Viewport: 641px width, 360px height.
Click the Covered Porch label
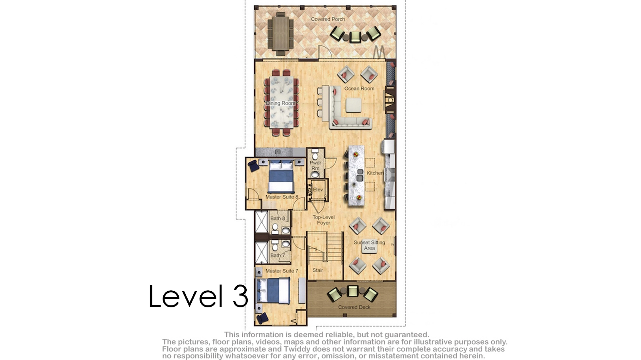point(328,19)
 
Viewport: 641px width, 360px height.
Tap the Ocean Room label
point(359,88)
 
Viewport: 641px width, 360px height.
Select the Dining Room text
point(280,103)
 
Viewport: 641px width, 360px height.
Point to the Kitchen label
point(375,173)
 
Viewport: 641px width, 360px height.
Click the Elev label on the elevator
point(318,189)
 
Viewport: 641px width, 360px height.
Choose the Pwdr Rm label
point(315,165)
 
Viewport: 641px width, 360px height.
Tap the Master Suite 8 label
point(282,197)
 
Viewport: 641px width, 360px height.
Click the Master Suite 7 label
point(282,271)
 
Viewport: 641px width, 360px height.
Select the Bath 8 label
point(278,218)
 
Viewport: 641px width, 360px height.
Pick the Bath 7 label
point(278,255)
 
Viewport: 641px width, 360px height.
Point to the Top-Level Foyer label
point(323,220)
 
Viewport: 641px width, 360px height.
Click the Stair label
point(318,270)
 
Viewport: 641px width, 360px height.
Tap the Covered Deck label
point(354,307)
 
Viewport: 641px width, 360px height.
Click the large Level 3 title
point(198,296)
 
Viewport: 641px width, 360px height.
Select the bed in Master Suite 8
point(281,176)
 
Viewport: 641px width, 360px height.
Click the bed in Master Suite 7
point(274,290)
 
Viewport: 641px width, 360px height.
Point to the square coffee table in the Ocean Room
point(353,105)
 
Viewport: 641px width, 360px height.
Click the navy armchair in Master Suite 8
point(254,166)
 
